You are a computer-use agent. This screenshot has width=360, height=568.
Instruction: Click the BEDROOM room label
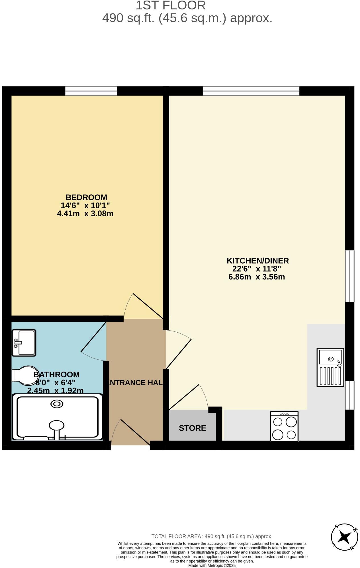click(x=86, y=197)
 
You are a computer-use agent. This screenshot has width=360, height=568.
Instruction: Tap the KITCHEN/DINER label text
click(x=257, y=260)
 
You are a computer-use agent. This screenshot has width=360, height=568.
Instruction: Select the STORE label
click(x=192, y=428)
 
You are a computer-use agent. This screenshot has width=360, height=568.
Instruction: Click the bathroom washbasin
click(x=24, y=343)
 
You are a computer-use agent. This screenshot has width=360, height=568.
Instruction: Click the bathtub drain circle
click(x=57, y=404)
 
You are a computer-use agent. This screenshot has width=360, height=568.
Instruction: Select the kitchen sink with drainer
click(x=330, y=367)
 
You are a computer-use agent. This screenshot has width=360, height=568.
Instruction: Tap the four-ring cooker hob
click(x=284, y=426)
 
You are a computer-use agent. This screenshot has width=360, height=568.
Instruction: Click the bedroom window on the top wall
click(x=91, y=91)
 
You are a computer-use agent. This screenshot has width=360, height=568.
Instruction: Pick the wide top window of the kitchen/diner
click(x=251, y=91)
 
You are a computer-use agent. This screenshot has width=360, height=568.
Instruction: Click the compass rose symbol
click(x=344, y=538)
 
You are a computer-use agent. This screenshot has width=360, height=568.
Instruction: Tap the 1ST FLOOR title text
click(x=170, y=6)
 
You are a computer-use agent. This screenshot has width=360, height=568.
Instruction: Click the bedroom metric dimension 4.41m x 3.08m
click(x=85, y=213)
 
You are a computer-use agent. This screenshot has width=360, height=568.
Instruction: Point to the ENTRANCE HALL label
click(x=136, y=382)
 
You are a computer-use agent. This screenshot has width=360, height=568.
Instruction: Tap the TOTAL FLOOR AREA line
click(x=212, y=536)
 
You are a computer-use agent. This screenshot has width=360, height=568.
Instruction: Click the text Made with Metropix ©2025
click(x=212, y=565)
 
